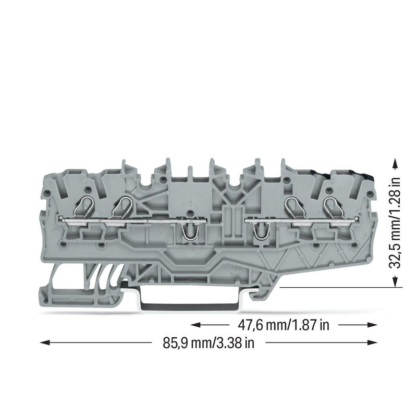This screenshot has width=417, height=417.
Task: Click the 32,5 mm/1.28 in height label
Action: point(395,223)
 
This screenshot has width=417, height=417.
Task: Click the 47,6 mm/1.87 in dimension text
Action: point(284,325)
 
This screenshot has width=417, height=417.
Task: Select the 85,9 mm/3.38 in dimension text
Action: point(208,343)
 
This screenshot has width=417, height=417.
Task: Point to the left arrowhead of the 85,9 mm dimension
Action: point(45,343)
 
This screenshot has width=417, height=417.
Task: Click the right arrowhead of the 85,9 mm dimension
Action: point(372,343)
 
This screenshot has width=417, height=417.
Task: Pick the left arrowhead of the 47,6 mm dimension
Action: point(196,325)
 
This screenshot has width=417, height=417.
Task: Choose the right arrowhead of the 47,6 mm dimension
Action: point(372,325)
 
